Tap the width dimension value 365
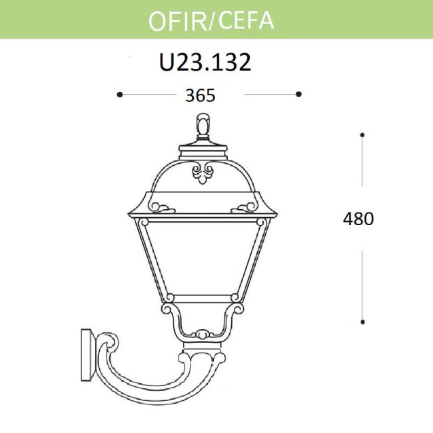tap(200, 95)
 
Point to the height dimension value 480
tap(358, 218)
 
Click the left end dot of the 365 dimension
tap(119, 95)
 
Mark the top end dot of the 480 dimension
tap(362, 135)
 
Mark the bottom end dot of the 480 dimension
tap(362, 322)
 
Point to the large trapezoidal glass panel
tap(203, 256)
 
